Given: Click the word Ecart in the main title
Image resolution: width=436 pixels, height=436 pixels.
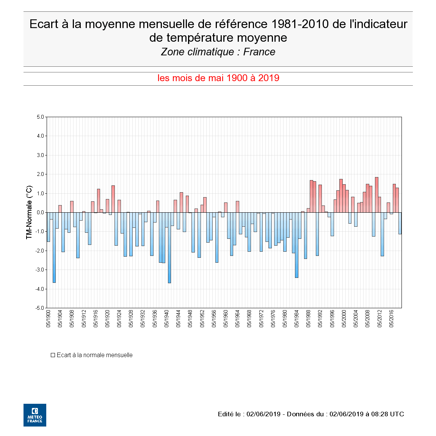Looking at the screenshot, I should pos(44,24).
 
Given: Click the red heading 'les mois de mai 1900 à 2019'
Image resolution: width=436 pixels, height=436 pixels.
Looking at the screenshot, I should pos(218,78).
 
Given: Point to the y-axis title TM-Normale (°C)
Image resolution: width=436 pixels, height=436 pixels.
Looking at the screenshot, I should pos(29,212).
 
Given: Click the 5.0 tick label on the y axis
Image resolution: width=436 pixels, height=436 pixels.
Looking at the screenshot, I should pos(40,117).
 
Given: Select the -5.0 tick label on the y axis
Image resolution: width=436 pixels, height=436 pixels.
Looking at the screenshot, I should pos(39,308).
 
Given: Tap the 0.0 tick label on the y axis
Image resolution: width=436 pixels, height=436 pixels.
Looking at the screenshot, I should pos(40,212).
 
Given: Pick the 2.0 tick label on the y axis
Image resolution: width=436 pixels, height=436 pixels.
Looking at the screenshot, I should pos(40,174).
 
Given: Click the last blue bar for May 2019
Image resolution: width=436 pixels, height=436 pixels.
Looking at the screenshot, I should pos(400,223).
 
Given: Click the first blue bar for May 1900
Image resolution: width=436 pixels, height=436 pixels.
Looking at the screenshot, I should pos(48,227).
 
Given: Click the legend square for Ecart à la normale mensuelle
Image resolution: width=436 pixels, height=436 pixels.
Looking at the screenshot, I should pos(53,355).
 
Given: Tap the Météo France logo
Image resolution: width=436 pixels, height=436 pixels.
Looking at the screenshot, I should pos(35,415).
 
